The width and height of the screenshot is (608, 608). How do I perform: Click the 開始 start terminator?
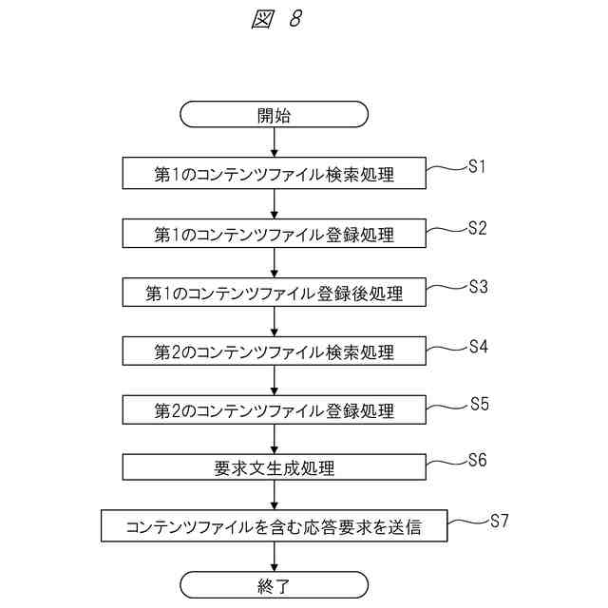[x=275, y=115]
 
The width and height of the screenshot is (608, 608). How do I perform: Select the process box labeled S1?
[x=275, y=175]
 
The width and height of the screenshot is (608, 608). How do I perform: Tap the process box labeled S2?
[x=275, y=234]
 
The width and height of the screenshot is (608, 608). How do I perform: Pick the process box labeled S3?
[x=275, y=293]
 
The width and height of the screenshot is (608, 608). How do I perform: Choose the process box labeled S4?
[x=275, y=351]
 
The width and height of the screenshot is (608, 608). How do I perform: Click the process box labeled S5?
[x=275, y=410]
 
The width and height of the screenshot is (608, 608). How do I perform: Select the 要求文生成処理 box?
[x=275, y=468]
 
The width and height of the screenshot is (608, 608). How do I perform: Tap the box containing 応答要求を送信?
[x=275, y=527]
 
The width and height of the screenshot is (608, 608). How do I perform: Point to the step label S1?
[x=477, y=167]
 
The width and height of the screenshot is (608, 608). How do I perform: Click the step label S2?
[x=477, y=227]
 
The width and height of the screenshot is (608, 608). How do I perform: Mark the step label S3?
[x=477, y=286]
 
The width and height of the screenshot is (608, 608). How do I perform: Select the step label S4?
[x=477, y=345]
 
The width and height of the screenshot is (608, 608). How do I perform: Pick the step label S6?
[x=477, y=461]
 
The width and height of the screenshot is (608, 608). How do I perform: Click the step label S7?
[x=500, y=520]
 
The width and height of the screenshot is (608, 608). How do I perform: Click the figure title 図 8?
[x=276, y=21]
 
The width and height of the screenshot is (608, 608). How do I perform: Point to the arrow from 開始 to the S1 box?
[x=275, y=142]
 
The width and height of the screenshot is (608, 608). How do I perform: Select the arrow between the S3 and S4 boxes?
[x=275, y=322]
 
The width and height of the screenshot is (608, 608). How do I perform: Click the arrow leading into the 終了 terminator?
[x=275, y=557]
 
